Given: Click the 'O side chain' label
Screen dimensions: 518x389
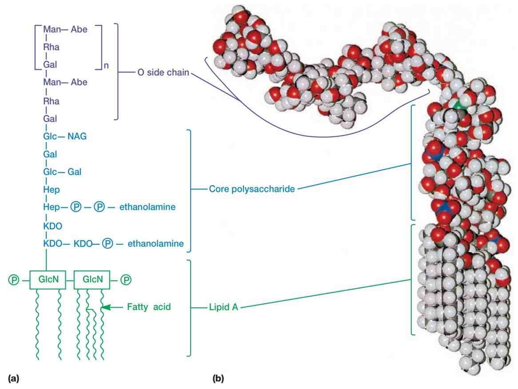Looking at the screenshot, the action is (163, 72).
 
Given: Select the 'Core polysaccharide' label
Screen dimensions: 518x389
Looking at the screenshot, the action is (252, 189).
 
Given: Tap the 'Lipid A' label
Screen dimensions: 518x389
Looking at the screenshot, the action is (223, 307).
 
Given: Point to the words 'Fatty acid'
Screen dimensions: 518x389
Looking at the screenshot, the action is (149, 307).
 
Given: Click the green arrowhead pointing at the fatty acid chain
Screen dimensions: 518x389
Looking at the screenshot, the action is (105, 307).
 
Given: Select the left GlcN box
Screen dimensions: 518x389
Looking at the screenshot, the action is (48, 280).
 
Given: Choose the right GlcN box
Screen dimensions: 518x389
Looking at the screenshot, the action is (92, 280).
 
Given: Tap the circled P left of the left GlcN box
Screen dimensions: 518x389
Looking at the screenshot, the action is (14, 280).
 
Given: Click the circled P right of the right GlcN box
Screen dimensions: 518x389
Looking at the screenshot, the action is (126, 280).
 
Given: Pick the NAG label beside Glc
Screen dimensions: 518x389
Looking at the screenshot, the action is (77, 136).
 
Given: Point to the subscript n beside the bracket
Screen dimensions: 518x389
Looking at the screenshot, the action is (106, 65).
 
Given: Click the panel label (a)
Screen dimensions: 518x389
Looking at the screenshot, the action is (13, 378).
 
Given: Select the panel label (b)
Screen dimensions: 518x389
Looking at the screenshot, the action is (219, 378).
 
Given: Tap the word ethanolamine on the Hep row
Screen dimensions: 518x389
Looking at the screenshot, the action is (147, 207).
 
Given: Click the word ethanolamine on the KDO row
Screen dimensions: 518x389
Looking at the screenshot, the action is (155, 244).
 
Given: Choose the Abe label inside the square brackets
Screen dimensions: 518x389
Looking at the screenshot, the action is (79, 29).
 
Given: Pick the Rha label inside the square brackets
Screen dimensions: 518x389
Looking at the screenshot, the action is (51, 47).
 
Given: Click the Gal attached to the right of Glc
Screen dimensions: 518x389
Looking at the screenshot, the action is (74, 172).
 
